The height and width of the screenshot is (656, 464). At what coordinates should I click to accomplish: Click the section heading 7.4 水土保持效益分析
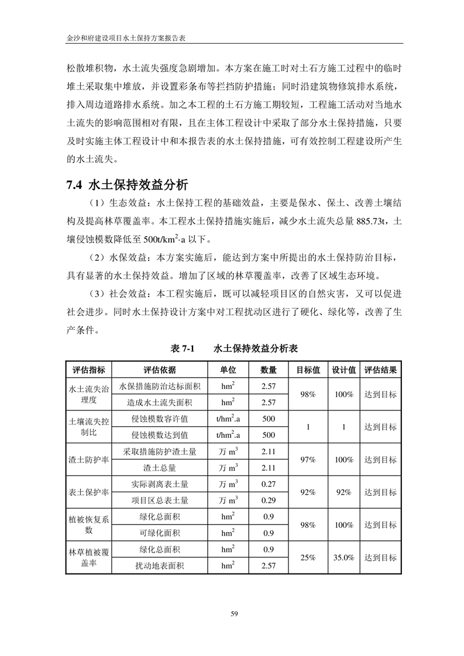(127, 186)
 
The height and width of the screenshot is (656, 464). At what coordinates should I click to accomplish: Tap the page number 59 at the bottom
(233, 613)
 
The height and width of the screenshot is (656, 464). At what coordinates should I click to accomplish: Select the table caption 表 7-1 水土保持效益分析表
(234, 348)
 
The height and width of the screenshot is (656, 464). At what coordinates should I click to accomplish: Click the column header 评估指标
(88, 370)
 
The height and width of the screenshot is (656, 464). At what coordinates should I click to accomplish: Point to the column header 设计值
(343, 370)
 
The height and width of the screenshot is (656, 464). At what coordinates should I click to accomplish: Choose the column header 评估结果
(380, 370)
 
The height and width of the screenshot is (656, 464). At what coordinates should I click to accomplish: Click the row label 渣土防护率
(88, 460)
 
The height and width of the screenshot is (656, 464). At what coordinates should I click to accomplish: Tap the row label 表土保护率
(88, 492)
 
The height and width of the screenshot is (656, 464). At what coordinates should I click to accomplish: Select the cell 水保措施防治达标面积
(160, 386)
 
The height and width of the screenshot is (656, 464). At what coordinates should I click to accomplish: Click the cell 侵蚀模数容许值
(160, 419)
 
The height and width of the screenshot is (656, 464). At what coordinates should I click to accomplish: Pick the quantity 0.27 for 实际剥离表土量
(269, 484)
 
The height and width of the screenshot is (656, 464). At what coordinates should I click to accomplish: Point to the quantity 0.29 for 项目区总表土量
(269, 500)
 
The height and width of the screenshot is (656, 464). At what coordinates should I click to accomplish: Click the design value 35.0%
(343, 557)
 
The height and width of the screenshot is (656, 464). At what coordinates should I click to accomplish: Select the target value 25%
(308, 557)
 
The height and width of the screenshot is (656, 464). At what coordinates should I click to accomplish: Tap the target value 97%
(308, 460)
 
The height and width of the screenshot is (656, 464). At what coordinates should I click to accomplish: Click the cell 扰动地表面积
(160, 565)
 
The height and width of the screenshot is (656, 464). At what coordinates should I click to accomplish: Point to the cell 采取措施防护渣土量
(160, 451)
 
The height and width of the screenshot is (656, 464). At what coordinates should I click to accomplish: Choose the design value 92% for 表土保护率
(343, 492)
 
